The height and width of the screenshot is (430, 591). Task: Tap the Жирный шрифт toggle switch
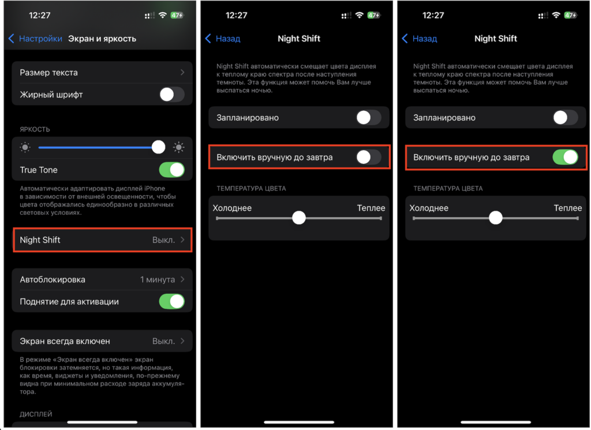click(172, 95)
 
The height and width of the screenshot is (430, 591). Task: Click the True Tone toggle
click(172, 170)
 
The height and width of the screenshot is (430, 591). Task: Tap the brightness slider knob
click(158, 147)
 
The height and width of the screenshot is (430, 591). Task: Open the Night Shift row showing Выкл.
click(103, 240)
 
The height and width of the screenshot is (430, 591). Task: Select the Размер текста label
click(48, 72)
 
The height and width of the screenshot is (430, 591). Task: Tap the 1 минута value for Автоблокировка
click(158, 279)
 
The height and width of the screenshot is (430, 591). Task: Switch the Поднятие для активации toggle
click(172, 301)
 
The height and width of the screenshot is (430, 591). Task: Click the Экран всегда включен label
click(65, 341)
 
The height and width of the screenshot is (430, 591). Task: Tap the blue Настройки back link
click(36, 39)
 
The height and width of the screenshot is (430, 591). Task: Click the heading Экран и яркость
click(102, 39)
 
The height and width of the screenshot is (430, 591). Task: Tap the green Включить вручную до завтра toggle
click(565, 157)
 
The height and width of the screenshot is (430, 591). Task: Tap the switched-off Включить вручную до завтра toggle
click(369, 157)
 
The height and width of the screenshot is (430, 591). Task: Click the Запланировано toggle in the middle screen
click(369, 118)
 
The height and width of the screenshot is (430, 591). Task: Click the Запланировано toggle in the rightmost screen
click(565, 118)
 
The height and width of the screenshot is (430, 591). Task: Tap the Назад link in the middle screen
click(223, 39)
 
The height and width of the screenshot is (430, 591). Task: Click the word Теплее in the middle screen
click(371, 208)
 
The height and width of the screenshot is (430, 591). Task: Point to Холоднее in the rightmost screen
click(429, 208)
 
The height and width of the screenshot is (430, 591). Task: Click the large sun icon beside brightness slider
click(179, 147)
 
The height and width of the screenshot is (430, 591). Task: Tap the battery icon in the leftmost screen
click(177, 15)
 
